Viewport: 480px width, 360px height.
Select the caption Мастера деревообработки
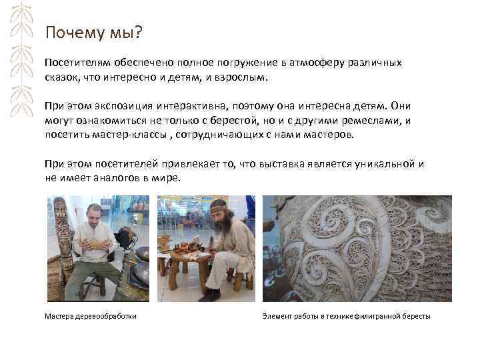click(x=90, y=315)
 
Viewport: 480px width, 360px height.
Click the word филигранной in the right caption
click(x=379, y=315)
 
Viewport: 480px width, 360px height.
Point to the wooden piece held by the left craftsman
click(x=96, y=245)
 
